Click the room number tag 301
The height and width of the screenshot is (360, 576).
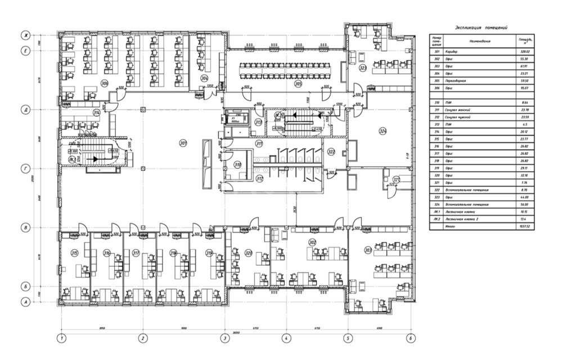(x=183, y=142)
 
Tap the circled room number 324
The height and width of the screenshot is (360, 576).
(x=383, y=132)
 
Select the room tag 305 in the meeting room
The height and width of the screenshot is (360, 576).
(x=298, y=83)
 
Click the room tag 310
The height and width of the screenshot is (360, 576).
(x=238, y=165)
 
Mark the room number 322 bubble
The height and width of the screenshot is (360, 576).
(x=332, y=152)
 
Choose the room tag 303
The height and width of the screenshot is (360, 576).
(x=368, y=250)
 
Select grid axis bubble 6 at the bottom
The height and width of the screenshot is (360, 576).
(x=411, y=338)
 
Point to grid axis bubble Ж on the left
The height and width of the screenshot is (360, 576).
(x=25, y=35)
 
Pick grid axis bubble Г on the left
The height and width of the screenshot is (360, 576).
(x=25, y=168)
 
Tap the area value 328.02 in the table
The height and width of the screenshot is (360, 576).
(x=523, y=52)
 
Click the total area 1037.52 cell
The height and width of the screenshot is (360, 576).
(x=523, y=225)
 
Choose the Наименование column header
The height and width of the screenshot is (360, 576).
(x=479, y=41)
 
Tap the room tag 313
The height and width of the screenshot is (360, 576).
(x=258, y=121)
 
